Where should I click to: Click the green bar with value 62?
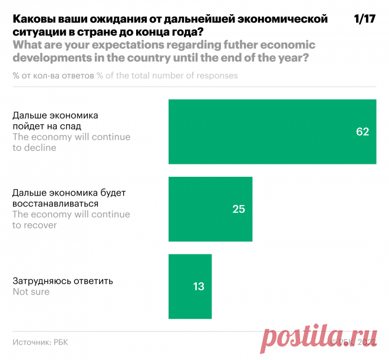[272, 131]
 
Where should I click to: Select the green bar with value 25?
[210, 209]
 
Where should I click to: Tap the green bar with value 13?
[190, 286]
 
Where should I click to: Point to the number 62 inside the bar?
[362, 132]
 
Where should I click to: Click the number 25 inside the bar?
[238, 209]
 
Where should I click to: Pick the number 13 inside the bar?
[198, 287]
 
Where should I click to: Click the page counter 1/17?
[364, 19]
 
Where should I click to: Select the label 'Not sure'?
[31, 292]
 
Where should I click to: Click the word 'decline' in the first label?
[40, 148]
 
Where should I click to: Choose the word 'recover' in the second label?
[40, 225]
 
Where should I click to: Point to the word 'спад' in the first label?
[70, 126]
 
